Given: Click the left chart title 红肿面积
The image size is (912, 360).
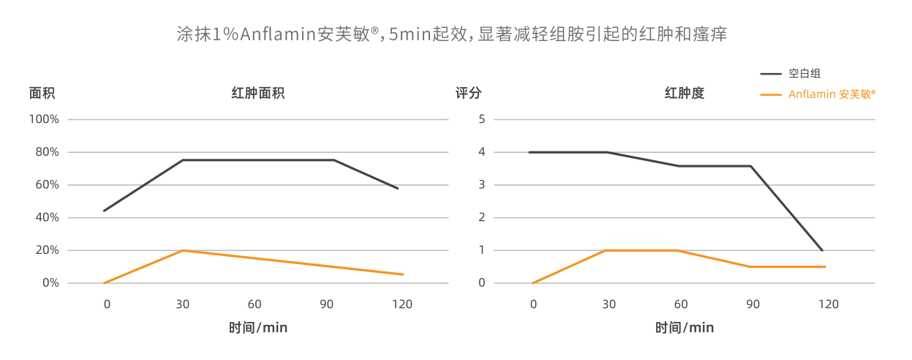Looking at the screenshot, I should (258, 94).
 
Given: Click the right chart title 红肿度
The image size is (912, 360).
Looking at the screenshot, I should (684, 94).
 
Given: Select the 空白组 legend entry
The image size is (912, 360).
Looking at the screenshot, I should (804, 73).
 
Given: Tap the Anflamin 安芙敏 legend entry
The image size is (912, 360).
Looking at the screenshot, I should (832, 94).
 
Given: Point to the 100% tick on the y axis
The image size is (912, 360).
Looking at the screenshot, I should (45, 119).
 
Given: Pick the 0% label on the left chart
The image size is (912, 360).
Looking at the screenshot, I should (50, 283).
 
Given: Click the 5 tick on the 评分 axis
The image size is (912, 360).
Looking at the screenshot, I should (482, 119).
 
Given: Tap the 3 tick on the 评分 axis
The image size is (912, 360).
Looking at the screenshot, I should (482, 185).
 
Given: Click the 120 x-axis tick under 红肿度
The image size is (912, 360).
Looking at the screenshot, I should (828, 304).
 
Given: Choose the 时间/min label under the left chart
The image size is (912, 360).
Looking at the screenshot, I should (258, 328).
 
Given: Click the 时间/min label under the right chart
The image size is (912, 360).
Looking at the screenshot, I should (684, 328).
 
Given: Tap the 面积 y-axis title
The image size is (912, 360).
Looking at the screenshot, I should (42, 94).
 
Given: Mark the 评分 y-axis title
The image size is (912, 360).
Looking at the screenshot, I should (469, 94).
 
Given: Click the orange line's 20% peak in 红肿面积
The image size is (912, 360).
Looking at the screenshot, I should (183, 250).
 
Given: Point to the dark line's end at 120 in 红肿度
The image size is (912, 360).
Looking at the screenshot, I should (822, 250).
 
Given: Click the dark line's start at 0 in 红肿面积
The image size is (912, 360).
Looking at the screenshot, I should (105, 211).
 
